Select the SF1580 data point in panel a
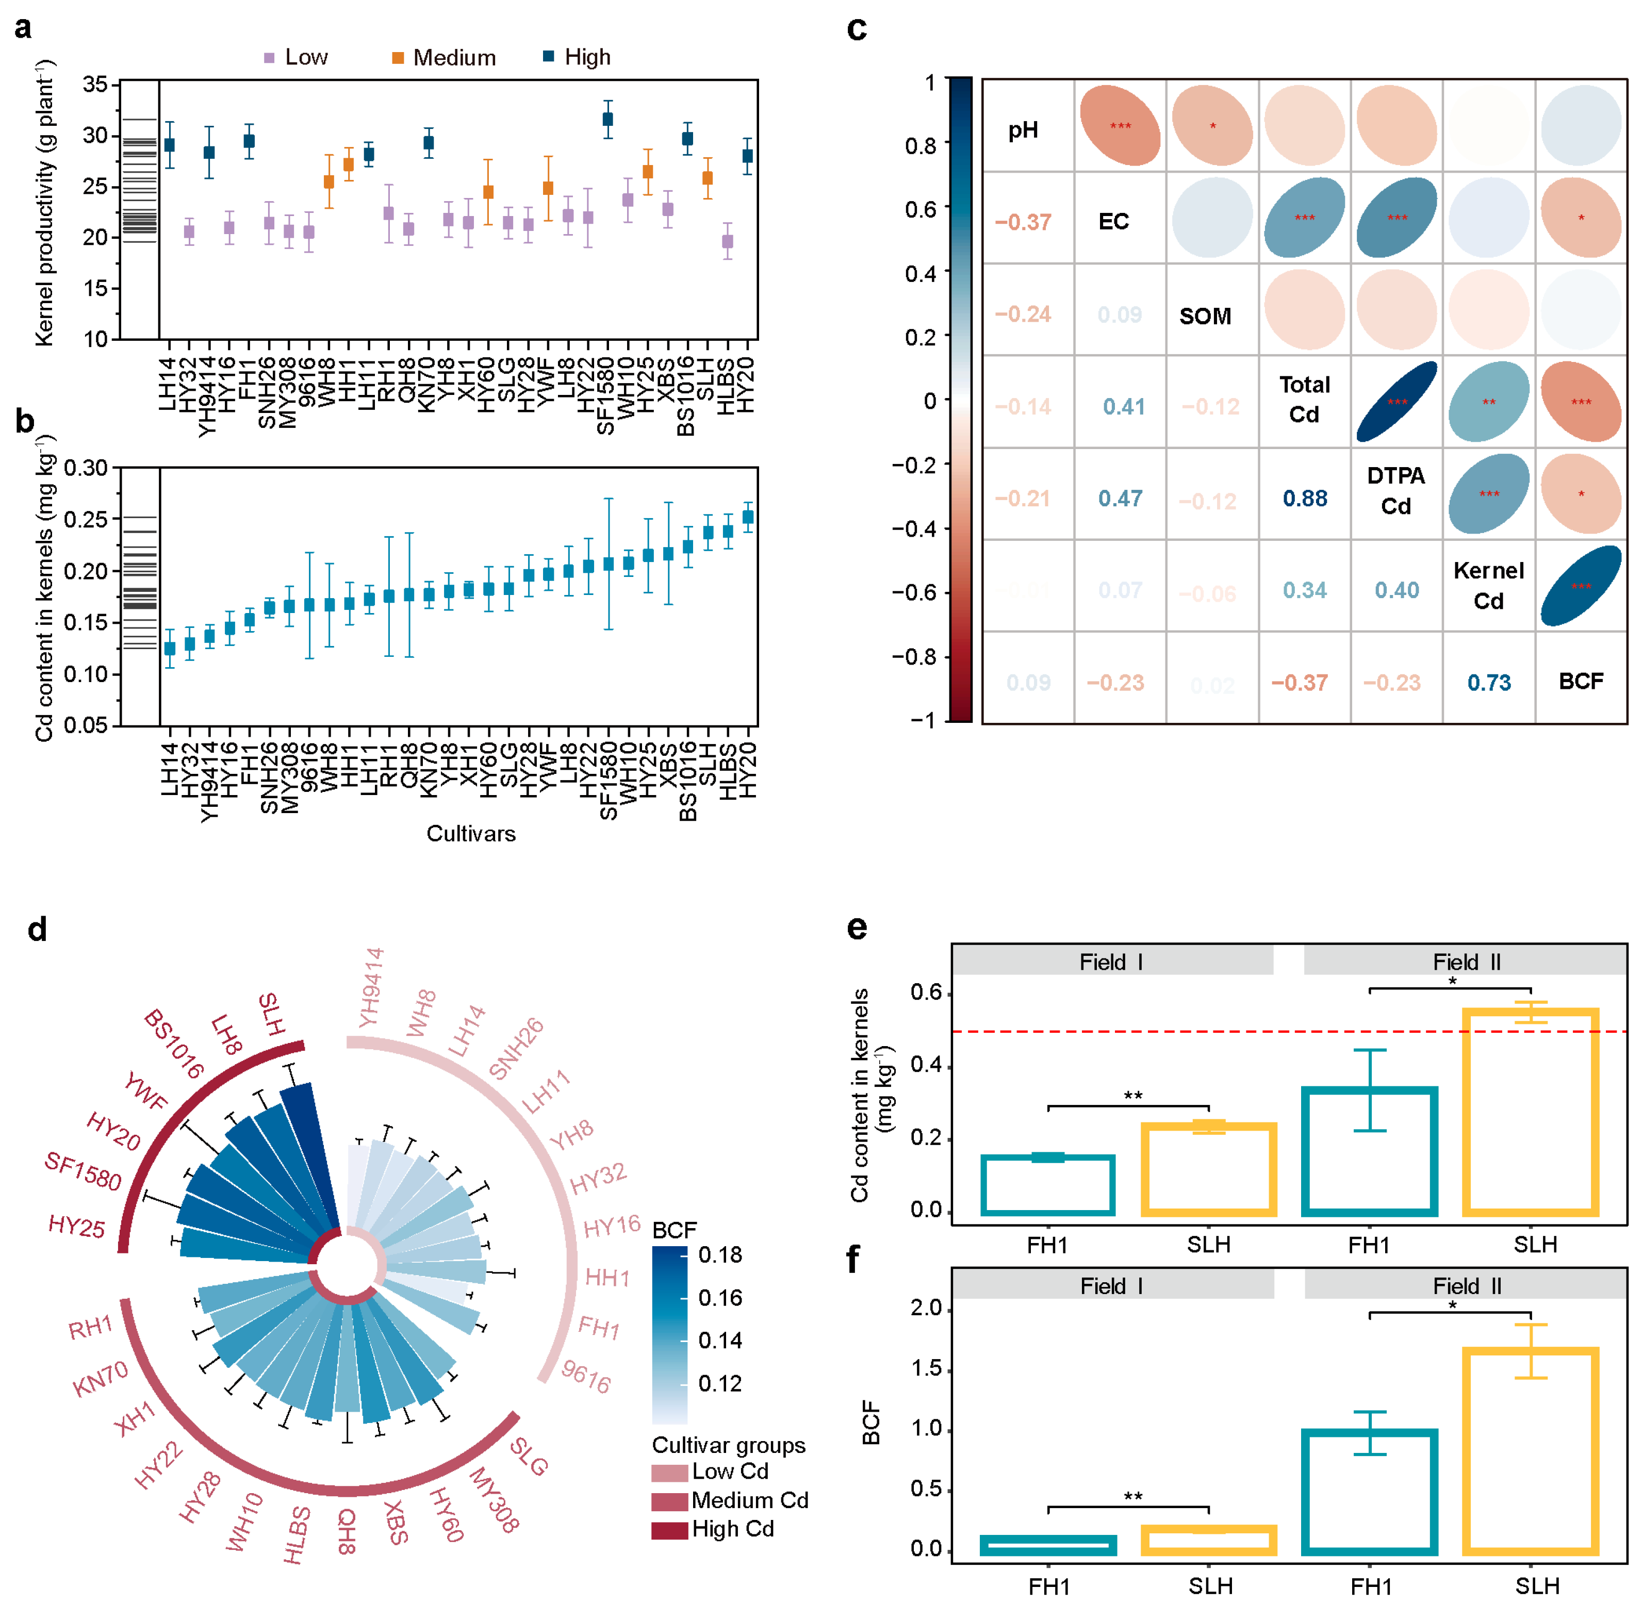[x=608, y=119]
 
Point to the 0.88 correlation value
[x=1305, y=498]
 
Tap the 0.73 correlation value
[x=1489, y=682]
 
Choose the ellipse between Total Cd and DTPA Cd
[x=1397, y=401]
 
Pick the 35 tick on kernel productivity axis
[x=95, y=84]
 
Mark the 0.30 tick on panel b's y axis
[x=86, y=468]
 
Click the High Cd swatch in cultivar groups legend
[x=669, y=1529]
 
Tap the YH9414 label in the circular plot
[x=371, y=988]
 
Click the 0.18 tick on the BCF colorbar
[x=720, y=1255]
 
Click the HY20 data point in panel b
[x=747, y=517]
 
